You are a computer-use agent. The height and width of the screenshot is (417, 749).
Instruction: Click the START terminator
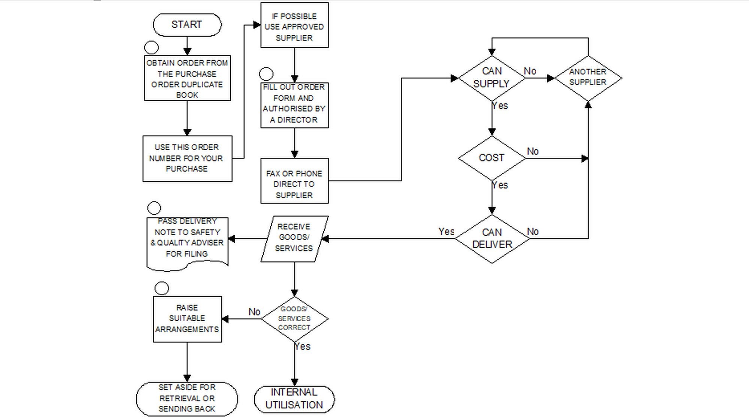pyautogui.click(x=187, y=25)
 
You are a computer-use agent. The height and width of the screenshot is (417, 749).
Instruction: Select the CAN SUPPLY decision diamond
pyautogui.click(x=491, y=78)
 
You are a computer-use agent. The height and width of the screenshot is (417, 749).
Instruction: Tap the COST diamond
pyautogui.click(x=491, y=158)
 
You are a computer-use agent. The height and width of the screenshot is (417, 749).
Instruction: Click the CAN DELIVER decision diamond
pyautogui.click(x=492, y=239)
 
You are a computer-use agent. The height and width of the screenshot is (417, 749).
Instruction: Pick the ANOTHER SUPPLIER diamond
pyautogui.click(x=588, y=78)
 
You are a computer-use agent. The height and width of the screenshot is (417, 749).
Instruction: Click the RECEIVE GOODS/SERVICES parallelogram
pyautogui.click(x=294, y=238)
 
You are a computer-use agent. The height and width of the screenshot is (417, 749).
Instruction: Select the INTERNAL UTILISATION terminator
pyautogui.click(x=294, y=399)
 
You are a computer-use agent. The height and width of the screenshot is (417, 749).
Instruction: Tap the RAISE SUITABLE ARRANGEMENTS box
pyautogui.click(x=187, y=319)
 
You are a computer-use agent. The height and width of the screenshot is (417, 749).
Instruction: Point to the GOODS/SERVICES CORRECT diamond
pyautogui.click(x=294, y=319)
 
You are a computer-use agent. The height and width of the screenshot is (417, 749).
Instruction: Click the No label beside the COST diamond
pyautogui.click(x=533, y=152)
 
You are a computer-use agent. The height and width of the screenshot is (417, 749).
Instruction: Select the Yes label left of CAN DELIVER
pyautogui.click(x=446, y=232)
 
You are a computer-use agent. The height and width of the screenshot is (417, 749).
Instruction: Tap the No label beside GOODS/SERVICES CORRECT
pyautogui.click(x=254, y=312)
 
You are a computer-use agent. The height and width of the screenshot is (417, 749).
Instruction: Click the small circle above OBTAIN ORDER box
pyautogui.click(x=151, y=47)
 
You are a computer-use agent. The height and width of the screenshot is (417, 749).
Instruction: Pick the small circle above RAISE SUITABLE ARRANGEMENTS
pyautogui.click(x=162, y=288)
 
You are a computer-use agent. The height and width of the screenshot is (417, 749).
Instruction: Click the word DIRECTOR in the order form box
pyautogui.click(x=297, y=120)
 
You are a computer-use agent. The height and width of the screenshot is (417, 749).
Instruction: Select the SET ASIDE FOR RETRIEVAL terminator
pyautogui.click(x=187, y=398)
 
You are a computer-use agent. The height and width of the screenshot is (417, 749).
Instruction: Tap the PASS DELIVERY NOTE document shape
pyautogui.click(x=187, y=242)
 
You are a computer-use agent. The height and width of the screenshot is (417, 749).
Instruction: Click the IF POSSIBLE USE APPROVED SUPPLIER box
pyautogui.click(x=294, y=25)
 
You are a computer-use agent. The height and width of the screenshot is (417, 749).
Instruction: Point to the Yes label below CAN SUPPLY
pyautogui.click(x=500, y=106)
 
